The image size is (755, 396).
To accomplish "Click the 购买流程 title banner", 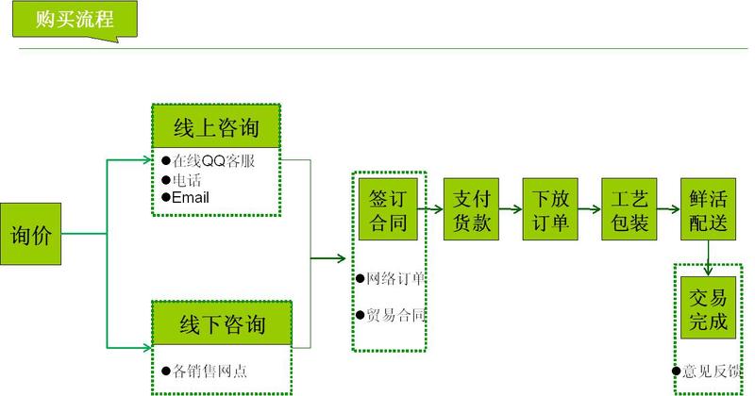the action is tap(75, 19).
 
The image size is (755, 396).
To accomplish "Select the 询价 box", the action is tap(31, 234).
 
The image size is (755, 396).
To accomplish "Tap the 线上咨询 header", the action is tap(216, 127).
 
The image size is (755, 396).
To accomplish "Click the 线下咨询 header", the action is tap(222, 323).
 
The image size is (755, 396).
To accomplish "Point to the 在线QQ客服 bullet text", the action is tap(213, 160).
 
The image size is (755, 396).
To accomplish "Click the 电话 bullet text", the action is tap(187, 180).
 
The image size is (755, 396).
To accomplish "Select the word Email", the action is tap(191, 197).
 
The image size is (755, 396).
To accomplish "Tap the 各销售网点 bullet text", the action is tap(210, 371).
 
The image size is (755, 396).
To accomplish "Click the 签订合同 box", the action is tap(388, 209).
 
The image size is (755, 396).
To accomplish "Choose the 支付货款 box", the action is tap(471, 209).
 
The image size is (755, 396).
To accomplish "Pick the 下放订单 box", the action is tap(550, 209).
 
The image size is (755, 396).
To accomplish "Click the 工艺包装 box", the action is tap(629, 209).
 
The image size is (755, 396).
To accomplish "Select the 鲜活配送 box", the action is tap(709, 209).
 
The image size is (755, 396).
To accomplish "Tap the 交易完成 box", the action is tap(709, 308).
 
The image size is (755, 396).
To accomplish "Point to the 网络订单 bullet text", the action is tap(395, 278).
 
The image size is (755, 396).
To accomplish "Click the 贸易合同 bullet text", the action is tap(395, 315).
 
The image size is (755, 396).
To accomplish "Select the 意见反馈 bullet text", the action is tap(712, 371).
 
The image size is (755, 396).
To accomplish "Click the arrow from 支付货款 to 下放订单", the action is tap(511, 209).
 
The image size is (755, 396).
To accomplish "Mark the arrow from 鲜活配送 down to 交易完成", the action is tap(708, 258).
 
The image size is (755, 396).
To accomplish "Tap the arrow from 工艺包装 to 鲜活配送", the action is tap(669, 209).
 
